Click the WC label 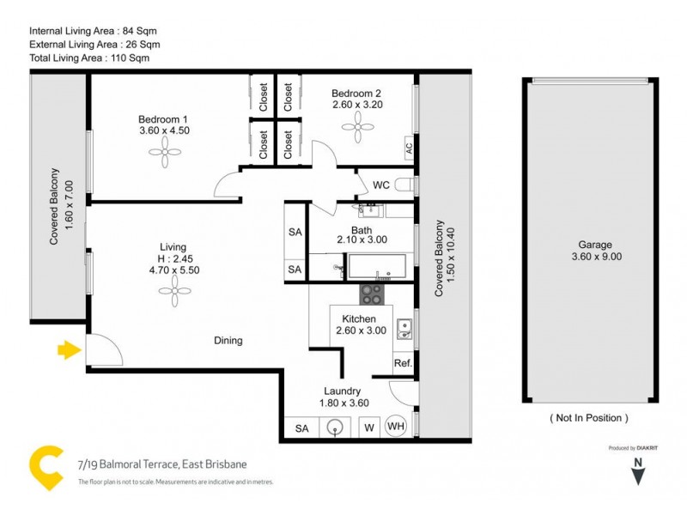[382, 185]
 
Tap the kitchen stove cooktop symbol [371, 294]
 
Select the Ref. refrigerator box [403, 363]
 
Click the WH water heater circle [396, 427]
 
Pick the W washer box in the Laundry [369, 427]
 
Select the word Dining [228, 341]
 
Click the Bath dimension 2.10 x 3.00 [354, 241]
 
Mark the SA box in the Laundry [301, 427]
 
